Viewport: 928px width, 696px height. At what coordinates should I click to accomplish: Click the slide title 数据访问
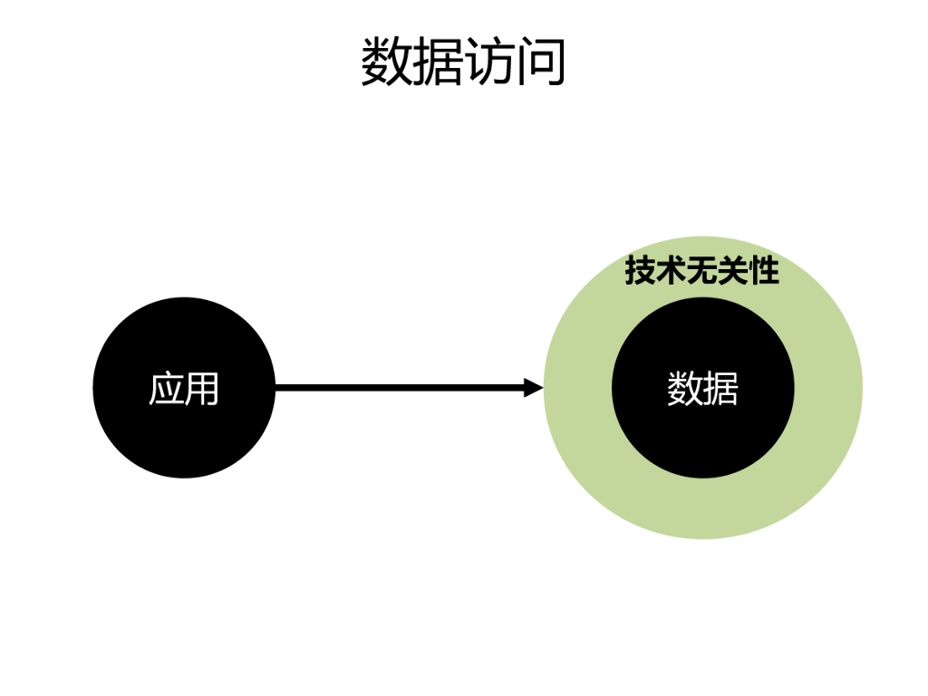(x=463, y=62)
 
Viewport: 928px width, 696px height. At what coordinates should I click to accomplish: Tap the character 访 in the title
(x=489, y=62)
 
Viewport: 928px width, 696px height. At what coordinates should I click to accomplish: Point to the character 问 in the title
(x=541, y=62)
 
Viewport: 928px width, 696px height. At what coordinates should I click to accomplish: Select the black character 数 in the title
(x=387, y=62)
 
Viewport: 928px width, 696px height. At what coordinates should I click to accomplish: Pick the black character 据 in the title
(x=438, y=62)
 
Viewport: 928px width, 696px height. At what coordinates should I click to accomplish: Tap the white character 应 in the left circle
(x=166, y=389)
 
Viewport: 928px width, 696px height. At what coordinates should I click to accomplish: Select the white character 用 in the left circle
(x=202, y=389)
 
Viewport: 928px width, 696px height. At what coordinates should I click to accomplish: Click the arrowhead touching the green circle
(x=534, y=388)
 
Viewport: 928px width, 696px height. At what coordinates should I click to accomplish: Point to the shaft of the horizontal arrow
(x=399, y=388)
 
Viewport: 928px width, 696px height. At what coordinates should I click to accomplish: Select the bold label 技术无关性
(x=701, y=270)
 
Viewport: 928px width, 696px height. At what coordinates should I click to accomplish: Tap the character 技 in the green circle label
(x=640, y=270)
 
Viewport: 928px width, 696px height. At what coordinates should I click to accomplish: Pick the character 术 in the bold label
(x=671, y=270)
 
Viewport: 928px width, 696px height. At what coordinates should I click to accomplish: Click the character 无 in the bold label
(x=701, y=270)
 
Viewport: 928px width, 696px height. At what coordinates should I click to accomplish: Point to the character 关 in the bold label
(x=732, y=270)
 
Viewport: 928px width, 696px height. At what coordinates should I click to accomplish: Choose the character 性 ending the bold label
(x=763, y=270)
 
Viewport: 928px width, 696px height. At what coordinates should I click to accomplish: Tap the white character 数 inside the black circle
(x=685, y=389)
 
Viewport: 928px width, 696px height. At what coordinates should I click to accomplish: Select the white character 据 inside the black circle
(x=721, y=389)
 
